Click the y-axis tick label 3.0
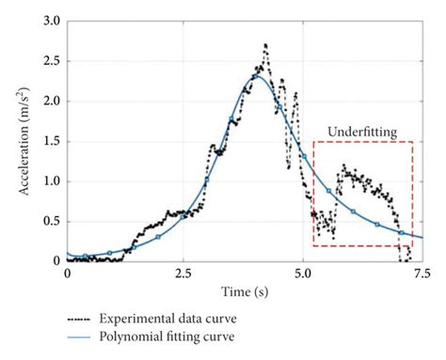(51, 21)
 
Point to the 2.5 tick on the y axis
(51, 61)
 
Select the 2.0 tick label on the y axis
(51, 101)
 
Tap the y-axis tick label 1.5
(51, 141)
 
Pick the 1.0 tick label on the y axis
(51, 180)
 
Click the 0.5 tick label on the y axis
(51, 221)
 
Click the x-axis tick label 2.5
(184, 274)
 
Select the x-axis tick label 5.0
(303, 274)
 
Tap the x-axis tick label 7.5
(420, 274)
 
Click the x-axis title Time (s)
(245, 291)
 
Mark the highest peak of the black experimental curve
(265, 44)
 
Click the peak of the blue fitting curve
(256, 75)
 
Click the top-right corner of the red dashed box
(413, 142)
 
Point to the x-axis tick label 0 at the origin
(67, 274)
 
